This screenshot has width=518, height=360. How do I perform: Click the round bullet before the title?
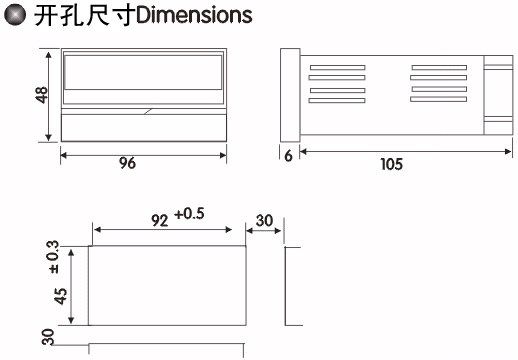(15, 15)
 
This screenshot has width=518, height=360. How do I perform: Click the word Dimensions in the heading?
(194, 15)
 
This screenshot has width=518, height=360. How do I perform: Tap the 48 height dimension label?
(42, 95)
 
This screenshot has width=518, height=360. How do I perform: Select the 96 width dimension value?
(127, 163)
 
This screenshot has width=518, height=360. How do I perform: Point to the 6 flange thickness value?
(289, 156)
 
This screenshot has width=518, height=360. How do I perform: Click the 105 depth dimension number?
(392, 164)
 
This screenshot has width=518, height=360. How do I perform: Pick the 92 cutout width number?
(160, 220)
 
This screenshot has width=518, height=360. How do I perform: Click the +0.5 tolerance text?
(189, 214)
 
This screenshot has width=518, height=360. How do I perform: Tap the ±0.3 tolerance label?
(54, 257)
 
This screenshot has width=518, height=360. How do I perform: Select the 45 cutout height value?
(60, 296)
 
